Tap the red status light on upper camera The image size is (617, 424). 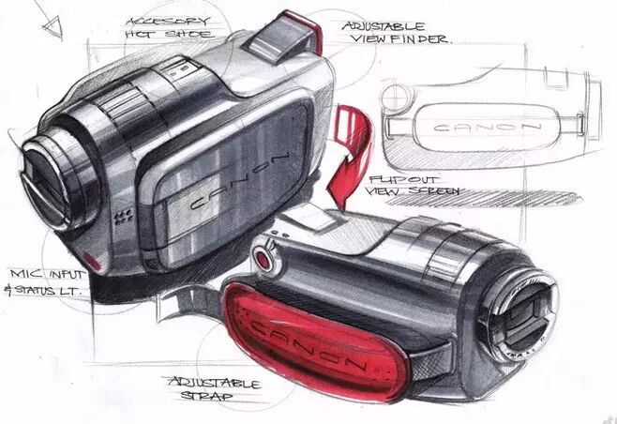click(x=91, y=258)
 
